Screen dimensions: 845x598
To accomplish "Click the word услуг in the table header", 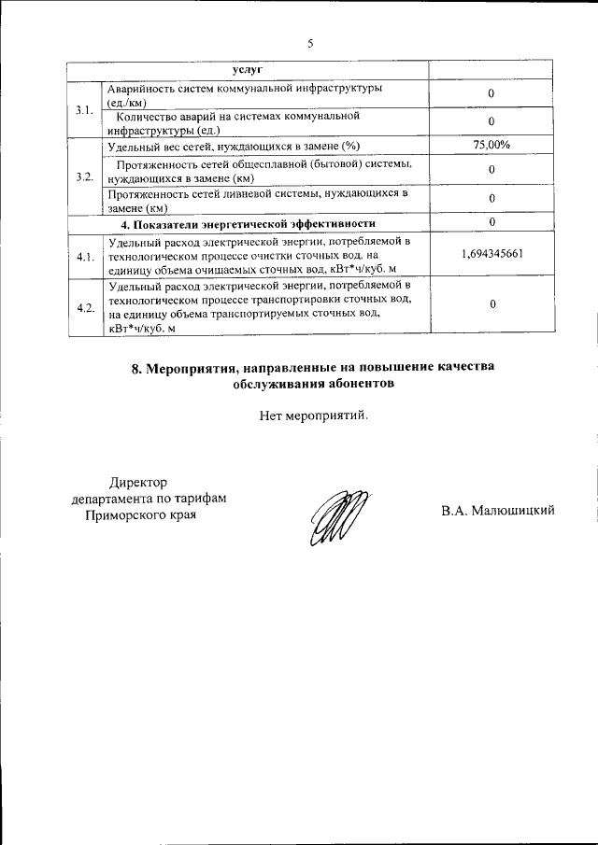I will [x=248, y=71].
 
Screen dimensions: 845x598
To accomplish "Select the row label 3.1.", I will [x=84, y=112].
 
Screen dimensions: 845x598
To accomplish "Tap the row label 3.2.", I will [x=84, y=177].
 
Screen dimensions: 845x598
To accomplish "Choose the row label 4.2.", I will [x=84, y=307].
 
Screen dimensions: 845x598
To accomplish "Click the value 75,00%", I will [x=491, y=145].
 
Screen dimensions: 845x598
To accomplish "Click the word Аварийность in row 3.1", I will [x=143, y=88].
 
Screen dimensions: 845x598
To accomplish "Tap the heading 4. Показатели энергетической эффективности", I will [x=249, y=223].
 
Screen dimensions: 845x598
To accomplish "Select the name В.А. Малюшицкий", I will [x=500, y=510].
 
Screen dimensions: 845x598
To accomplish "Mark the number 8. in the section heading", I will [x=136, y=368].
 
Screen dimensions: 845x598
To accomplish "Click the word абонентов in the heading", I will [x=360, y=384].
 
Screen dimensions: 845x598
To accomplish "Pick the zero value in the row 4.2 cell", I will [x=491, y=305].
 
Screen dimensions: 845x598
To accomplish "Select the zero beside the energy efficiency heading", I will [x=491, y=222].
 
